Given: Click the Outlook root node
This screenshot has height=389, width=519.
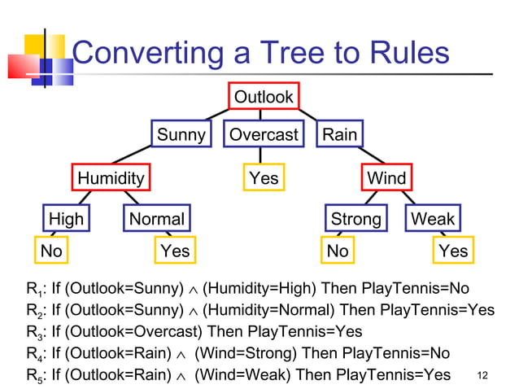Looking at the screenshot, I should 264,98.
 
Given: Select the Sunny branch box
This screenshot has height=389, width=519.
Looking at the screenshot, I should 181,134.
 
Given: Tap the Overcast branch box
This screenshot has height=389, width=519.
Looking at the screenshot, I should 264,134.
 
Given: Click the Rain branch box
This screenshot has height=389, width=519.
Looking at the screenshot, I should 339,134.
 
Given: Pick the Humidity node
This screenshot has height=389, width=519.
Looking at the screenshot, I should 111,177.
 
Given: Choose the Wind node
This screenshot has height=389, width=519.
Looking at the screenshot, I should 386,177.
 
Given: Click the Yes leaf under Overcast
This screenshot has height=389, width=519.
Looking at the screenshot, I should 264,177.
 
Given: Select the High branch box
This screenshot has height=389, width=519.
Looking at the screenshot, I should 66,219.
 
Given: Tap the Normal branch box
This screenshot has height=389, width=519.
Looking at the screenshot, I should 157,219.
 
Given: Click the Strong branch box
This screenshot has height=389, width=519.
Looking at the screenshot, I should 355,219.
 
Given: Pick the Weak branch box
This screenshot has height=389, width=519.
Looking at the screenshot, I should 433,219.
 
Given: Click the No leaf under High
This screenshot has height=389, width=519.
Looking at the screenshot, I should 51,251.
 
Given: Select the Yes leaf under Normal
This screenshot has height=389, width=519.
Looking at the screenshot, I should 175,251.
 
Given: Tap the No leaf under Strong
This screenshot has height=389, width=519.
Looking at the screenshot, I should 338,251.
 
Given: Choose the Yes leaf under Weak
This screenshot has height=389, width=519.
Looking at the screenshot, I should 453,251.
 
